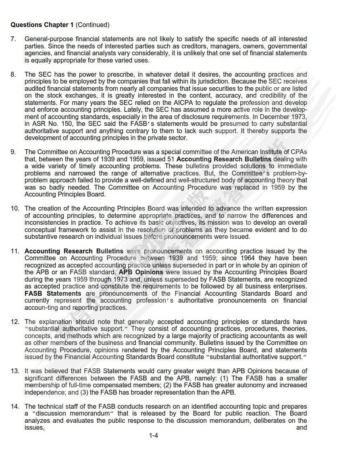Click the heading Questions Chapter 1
pos(42,25)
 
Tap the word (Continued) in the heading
pos(92,25)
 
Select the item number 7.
pos(13,39)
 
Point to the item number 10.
pos(15,209)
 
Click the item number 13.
pos(15,371)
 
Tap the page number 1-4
pos(153,435)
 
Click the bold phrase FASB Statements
pos(53,293)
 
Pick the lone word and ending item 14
pos(302,428)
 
